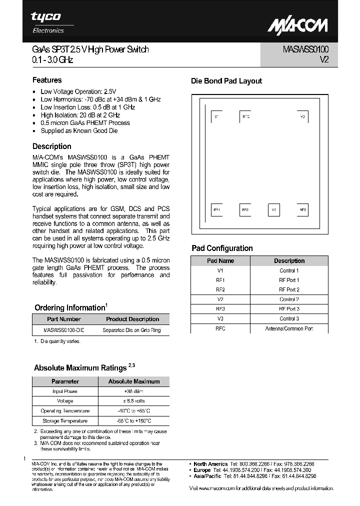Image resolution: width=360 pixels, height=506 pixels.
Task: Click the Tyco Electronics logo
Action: click(48, 22)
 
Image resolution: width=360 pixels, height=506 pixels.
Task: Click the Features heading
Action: click(47, 80)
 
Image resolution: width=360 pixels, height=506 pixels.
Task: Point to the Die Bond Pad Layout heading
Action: click(226, 81)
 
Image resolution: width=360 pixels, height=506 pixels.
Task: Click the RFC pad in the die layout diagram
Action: click(245, 116)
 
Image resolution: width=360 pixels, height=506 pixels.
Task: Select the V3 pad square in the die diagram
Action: click(302, 116)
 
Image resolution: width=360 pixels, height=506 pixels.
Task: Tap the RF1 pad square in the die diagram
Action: click(217, 209)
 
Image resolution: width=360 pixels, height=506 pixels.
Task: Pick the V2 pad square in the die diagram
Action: click(273, 209)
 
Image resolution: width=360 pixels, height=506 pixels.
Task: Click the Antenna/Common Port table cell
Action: click(289, 328)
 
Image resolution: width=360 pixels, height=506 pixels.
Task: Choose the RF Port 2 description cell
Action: click(289, 289)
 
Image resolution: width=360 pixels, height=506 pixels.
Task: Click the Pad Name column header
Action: click(220, 261)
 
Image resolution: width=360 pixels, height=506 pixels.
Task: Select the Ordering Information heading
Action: click(69, 307)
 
